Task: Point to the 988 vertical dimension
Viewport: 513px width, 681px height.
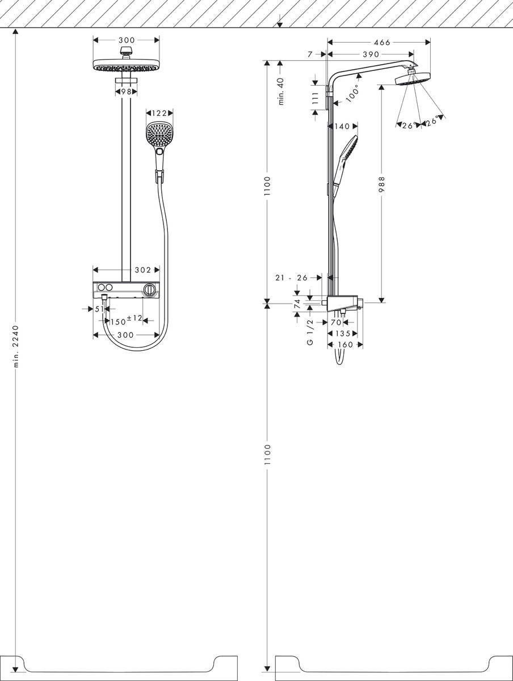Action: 382,186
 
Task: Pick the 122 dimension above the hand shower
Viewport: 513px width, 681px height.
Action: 159,113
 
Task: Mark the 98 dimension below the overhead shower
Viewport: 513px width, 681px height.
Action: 125,91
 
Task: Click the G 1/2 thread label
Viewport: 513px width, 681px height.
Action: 310,333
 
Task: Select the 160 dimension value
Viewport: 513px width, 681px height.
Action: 345,344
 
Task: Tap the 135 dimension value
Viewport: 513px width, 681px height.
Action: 342,334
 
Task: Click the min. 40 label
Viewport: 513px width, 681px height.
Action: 281,91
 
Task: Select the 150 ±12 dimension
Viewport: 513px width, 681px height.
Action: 125,321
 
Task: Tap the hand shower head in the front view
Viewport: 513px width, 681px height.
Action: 159,134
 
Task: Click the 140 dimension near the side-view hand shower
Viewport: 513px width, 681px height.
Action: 342,127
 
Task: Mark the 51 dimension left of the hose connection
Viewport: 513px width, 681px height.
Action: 98,309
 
